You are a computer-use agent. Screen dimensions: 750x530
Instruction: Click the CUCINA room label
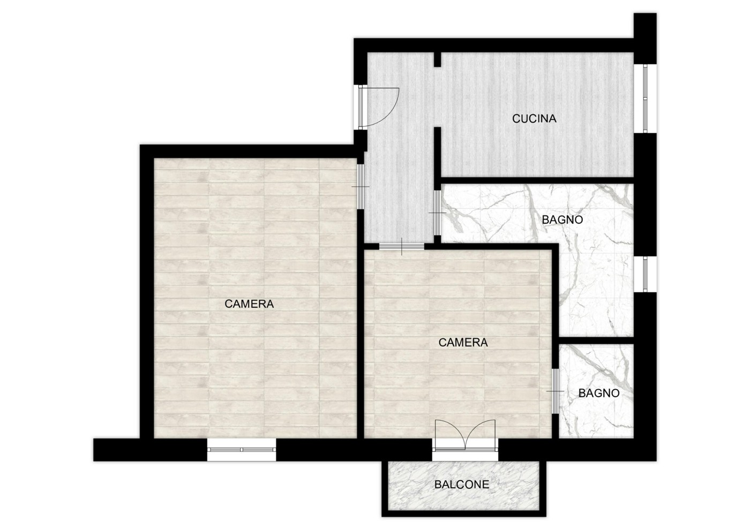534,118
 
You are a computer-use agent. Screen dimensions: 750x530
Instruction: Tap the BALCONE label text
462,484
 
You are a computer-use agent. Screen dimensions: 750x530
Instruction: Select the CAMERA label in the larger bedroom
249,304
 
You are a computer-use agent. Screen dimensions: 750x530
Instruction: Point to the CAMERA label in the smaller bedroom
463,342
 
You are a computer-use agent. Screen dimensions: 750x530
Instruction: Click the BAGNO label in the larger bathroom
562,220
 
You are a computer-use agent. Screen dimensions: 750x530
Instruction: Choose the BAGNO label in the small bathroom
599,393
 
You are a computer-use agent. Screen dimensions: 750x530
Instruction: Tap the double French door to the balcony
465,435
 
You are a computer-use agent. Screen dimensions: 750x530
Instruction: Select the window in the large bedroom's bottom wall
242,450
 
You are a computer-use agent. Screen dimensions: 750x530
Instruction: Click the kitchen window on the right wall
645,99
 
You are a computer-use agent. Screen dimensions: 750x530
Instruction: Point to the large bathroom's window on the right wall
645,274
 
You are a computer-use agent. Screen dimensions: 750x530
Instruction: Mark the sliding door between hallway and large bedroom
360,187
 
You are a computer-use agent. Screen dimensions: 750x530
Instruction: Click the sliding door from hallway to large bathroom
437,213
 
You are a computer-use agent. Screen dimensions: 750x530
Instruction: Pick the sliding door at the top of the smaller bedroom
402,247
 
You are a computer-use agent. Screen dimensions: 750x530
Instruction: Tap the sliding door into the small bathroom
555,391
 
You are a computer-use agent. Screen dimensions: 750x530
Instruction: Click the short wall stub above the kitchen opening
437,59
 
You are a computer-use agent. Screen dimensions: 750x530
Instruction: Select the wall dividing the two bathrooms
596,340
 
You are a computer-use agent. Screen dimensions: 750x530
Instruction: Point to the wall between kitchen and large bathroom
537,180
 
